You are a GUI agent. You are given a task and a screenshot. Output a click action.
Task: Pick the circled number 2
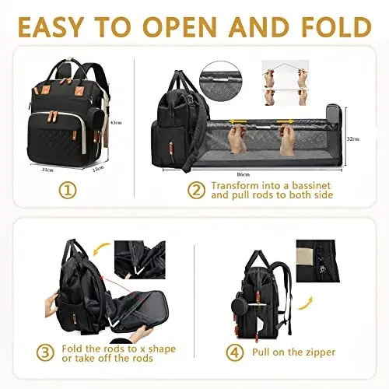pos(197,190)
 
